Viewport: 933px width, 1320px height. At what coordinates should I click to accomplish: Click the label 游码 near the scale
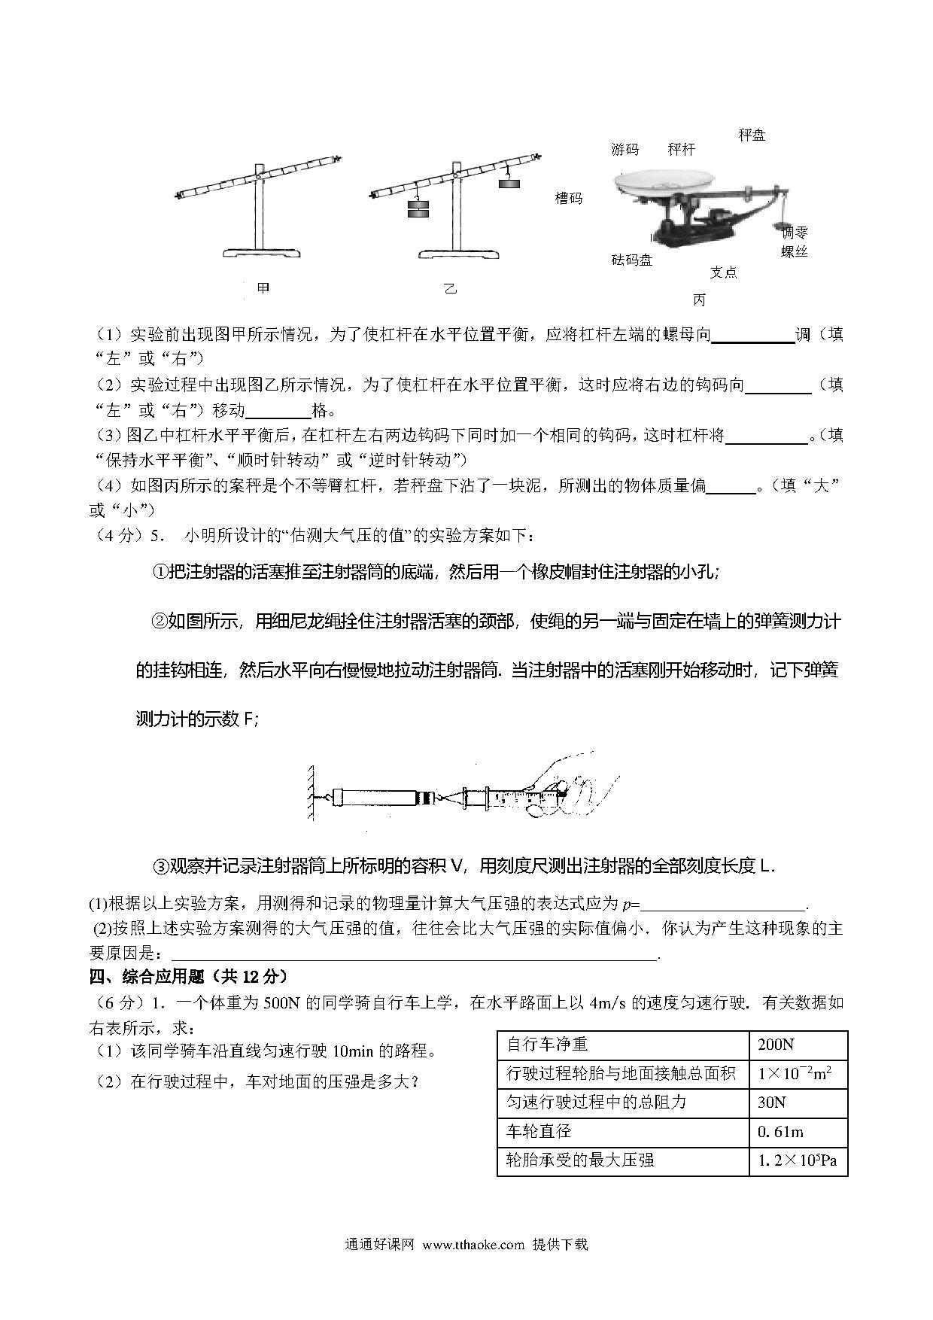pos(625,150)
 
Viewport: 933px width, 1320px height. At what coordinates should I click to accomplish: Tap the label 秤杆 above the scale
pos(681,150)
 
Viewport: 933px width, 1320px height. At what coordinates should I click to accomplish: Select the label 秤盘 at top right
pos(751,135)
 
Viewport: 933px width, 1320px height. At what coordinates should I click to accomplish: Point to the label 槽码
pos(568,199)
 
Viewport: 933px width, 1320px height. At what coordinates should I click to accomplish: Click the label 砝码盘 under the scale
pos(631,260)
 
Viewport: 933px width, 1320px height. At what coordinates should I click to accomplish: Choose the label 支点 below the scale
pos(723,272)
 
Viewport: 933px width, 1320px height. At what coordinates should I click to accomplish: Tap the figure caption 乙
pos(450,288)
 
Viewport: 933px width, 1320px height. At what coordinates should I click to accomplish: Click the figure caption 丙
pos(699,300)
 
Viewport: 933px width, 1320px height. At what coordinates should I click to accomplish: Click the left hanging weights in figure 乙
pos(418,208)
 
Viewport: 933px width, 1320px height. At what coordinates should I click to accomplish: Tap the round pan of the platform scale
pos(663,181)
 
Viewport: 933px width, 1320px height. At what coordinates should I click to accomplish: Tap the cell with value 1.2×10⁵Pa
pos(798,1160)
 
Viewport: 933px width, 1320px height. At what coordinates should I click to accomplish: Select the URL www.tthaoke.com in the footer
pos(473,1244)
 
